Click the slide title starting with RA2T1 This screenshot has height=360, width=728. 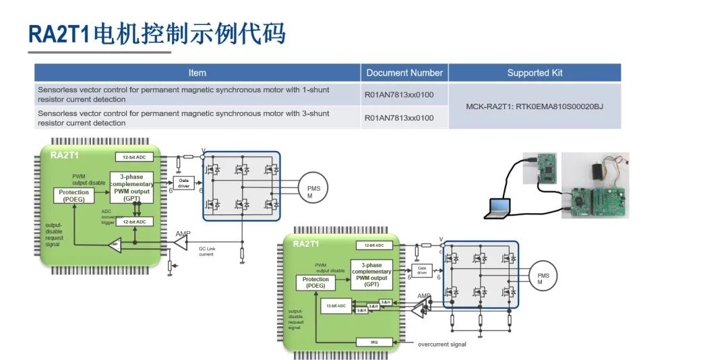click(x=156, y=33)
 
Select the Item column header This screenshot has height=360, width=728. click(x=198, y=73)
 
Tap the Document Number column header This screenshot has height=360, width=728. click(x=404, y=73)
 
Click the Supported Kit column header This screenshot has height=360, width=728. click(x=535, y=73)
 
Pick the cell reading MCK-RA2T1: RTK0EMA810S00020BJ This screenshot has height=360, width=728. click(x=535, y=107)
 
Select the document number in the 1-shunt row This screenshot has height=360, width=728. click(x=399, y=95)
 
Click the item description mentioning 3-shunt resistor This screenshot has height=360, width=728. click(x=183, y=118)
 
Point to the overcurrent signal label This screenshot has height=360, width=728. click(x=442, y=344)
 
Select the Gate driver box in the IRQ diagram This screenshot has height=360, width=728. click(x=422, y=270)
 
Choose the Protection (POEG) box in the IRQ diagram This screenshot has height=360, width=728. click(x=315, y=282)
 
